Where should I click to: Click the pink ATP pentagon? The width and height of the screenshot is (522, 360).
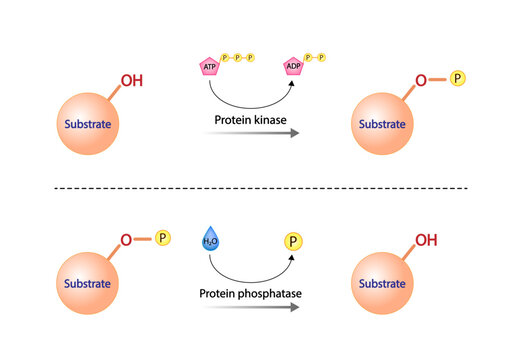pos(210,67)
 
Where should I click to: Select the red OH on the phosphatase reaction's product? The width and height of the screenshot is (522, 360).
pos(425,240)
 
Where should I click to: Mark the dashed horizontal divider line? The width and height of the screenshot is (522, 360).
pos(260,188)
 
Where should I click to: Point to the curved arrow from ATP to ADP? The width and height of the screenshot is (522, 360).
pos(250,103)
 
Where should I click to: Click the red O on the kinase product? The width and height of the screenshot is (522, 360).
pos(420,79)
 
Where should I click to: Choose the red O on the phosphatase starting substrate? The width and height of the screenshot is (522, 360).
pos(126,240)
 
